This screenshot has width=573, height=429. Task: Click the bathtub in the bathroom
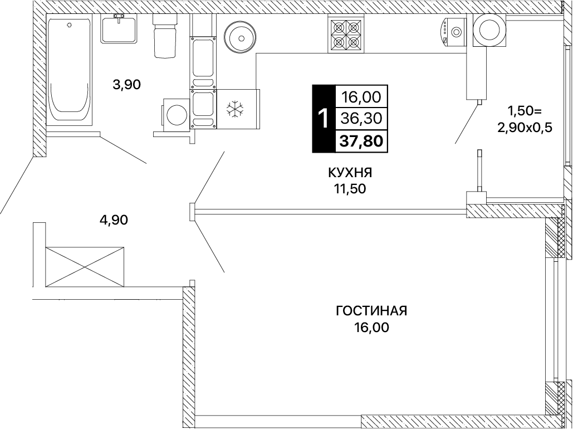69,70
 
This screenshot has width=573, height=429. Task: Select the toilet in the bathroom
165,36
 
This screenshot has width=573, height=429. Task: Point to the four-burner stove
346,35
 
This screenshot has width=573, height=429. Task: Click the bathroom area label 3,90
127,85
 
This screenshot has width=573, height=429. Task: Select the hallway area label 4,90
114,220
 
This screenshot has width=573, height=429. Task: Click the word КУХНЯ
350,172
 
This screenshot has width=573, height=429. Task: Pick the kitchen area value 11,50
349,189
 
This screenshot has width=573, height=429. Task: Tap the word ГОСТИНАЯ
371,311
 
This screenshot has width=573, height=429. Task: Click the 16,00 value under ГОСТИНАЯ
371,328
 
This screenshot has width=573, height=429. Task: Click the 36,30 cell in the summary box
361,118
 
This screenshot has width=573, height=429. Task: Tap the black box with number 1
324,119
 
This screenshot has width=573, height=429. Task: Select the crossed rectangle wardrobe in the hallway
85,267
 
